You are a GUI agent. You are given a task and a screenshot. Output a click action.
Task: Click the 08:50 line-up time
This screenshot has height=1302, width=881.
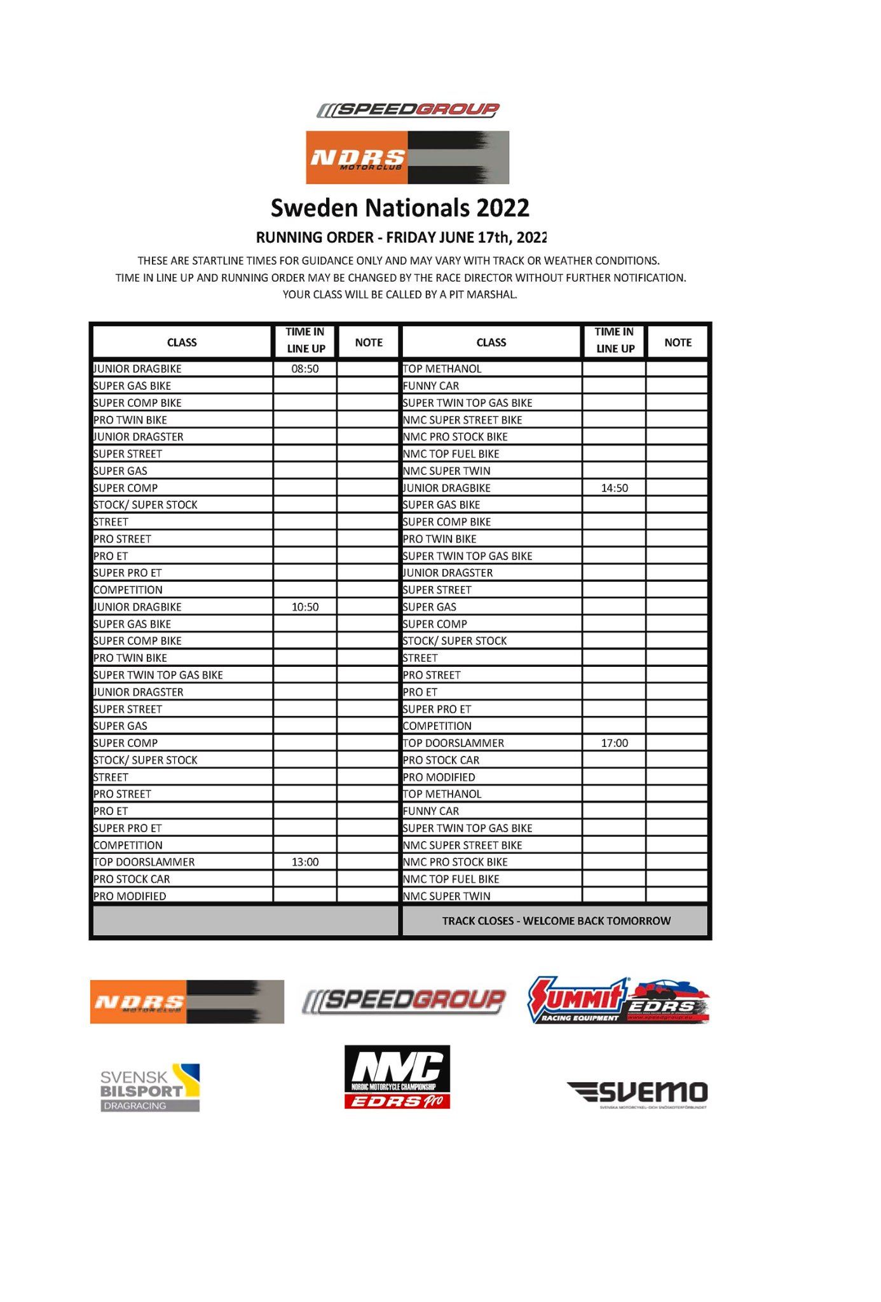coord(305,369)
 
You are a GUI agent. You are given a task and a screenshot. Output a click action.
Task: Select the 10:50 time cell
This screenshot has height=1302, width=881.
coord(305,607)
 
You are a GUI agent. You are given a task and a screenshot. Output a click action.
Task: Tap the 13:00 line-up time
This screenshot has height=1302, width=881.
coord(305,862)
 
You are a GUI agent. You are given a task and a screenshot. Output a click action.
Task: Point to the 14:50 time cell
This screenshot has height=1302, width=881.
coord(614,488)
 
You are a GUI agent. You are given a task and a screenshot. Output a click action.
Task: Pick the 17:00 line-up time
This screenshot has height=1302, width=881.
coord(614,743)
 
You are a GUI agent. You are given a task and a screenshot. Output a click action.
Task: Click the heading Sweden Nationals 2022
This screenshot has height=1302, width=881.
coord(400,209)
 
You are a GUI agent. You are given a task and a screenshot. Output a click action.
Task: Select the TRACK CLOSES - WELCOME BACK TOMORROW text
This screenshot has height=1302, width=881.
coord(556,921)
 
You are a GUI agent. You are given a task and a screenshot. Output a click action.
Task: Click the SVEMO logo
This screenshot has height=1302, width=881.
coord(637,1093)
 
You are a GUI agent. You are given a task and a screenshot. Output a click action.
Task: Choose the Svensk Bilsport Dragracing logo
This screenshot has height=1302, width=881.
coord(150,1088)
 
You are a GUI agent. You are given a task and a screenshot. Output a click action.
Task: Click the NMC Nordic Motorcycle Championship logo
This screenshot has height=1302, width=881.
coord(397,1077)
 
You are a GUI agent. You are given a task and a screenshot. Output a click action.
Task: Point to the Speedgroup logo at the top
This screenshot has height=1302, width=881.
coord(407,110)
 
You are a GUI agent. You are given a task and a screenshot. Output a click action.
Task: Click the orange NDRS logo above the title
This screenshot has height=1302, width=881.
coord(407,158)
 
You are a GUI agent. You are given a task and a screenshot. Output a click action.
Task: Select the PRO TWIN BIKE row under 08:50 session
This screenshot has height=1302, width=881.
coord(130,420)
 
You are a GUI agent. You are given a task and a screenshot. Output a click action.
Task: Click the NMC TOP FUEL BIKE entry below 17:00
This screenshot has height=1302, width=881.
coord(451,879)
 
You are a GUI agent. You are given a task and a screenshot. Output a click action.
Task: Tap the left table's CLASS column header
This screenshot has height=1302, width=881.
coord(182,343)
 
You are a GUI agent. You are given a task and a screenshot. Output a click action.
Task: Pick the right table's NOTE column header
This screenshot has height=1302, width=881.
coord(678,343)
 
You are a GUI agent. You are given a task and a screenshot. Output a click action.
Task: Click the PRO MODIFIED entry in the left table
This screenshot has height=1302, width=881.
coord(130,896)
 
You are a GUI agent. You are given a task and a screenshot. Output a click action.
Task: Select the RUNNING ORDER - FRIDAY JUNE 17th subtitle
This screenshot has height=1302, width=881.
coord(400,238)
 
